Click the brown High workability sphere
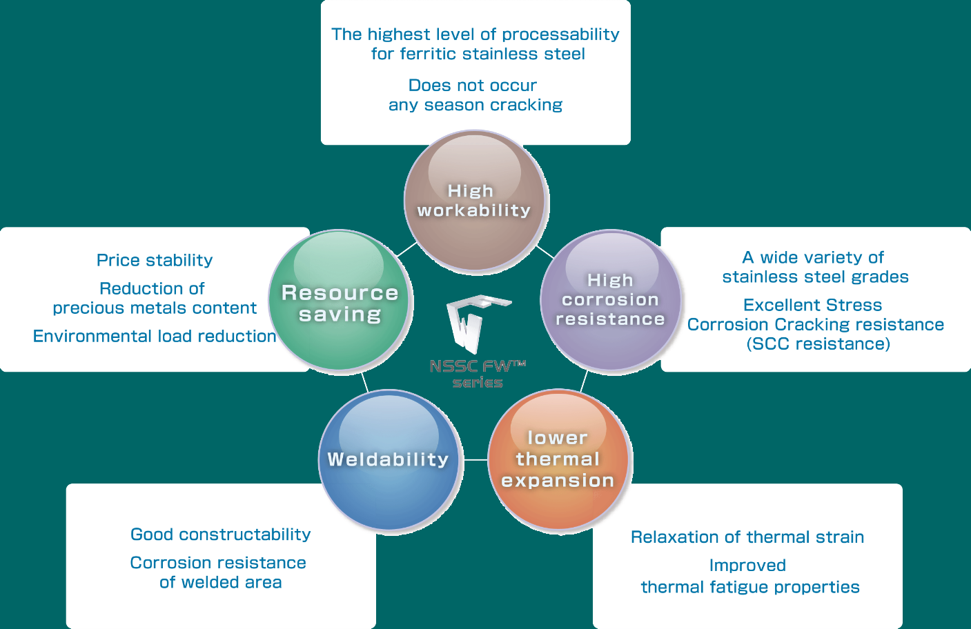(x=475, y=201)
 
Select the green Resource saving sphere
(x=340, y=301)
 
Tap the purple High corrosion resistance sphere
(x=611, y=300)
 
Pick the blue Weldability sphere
(x=389, y=460)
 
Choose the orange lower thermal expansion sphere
(x=558, y=460)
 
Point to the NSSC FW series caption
(x=478, y=374)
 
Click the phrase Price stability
(x=155, y=260)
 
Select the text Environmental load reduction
(x=155, y=336)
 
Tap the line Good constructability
(x=221, y=535)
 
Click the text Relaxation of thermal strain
(x=747, y=537)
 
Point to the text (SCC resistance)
(x=818, y=343)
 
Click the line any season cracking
(x=475, y=105)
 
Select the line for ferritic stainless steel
(x=478, y=54)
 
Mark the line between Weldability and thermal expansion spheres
(x=474, y=460)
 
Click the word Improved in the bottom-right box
(x=747, y=566)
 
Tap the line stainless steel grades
(x=816, y=277)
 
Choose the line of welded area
(x=221, y=583)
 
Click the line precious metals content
(x=155, y=308)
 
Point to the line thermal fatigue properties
(x=750, y=587)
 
